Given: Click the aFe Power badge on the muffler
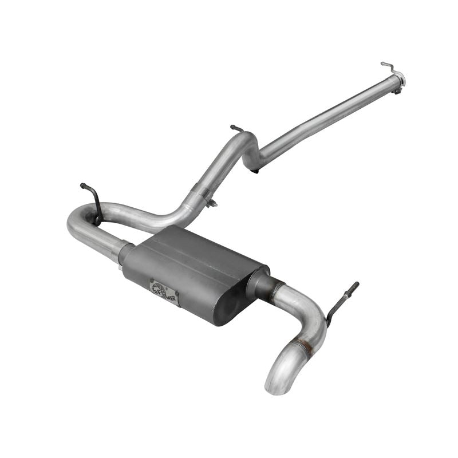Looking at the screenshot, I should (x=164, y=292).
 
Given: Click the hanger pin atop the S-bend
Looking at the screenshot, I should (x=236, y=129).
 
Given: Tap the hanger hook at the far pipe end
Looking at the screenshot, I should (x=388, y=66).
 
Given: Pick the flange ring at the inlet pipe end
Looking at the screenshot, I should (x=400, y=79).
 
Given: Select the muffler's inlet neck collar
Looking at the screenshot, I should (x=125, y=252).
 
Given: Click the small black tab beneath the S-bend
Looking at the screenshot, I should (x=255, y=170).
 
